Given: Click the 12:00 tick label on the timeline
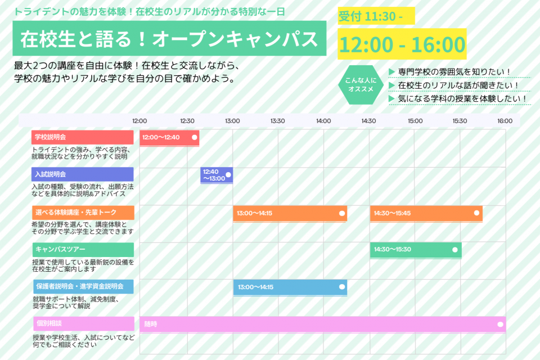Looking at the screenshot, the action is (139, 121).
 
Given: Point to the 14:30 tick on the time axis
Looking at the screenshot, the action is (368, 121).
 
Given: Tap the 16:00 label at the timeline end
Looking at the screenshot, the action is (505, 121).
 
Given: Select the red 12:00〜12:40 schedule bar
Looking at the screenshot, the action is (169, 138).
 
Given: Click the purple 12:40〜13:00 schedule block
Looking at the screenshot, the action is (217, 175).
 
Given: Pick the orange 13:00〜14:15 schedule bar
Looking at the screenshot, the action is (290, 214).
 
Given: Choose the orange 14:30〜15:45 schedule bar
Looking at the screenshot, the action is (426, 214).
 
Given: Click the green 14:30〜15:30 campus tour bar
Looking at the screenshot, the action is (416, 250).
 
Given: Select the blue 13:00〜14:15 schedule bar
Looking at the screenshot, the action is (290, 287).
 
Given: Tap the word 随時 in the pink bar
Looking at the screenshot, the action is (151, 324).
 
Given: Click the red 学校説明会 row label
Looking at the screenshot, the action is (82, 137).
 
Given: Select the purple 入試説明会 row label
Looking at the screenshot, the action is (82, 174).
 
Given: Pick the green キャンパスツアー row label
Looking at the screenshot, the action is (83, 249).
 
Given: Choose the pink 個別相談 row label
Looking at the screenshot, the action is (84, 323).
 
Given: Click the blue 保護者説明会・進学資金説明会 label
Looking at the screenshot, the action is (83, 287).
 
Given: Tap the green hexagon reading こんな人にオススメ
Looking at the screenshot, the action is (361, 85).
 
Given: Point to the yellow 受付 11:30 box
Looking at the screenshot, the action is (376, 16).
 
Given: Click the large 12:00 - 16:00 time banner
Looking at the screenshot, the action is (402, 44).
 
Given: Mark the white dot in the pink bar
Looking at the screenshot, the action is (500, 324).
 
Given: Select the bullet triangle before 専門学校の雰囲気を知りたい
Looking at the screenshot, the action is (391, 71).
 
